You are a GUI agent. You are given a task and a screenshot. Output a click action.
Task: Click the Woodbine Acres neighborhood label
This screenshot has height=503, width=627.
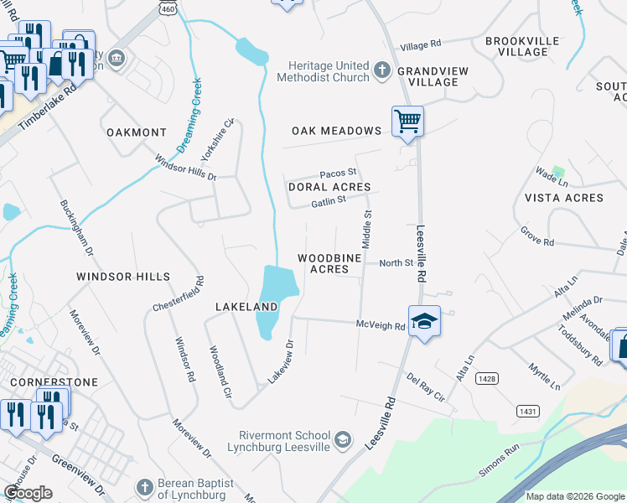pyautogui.click(x=329, y=263)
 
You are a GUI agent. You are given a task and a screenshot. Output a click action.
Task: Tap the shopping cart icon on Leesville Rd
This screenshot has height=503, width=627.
pyautogui.click(x=407, y=121)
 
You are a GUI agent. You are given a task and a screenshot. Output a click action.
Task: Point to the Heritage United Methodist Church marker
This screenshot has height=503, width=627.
pyautogui.click(x=382, y=70)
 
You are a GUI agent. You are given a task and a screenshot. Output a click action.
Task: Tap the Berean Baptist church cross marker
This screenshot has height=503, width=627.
pyautogui.click(x=144, y=487)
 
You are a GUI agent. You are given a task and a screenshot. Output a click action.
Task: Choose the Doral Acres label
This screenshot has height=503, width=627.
pyautogui.click(x=329, y=187)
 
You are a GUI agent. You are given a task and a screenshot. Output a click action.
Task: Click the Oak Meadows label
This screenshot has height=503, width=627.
pyautogui.click(x=336, y=131)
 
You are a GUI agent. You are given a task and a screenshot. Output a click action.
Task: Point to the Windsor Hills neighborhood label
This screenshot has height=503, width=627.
pyautogui.click(x=123, y=277)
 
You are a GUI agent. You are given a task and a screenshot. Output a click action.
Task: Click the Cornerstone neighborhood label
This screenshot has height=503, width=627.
pyautogui.click(x=54, y=382)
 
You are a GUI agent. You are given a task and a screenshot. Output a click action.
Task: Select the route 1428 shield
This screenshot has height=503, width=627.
pyautogui.click(x=486, y=379)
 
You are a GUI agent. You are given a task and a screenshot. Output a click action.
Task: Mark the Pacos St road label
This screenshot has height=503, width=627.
pyautogui.click(x=338, y=172)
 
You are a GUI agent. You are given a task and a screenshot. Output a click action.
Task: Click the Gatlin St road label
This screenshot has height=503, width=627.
pyautogui.click(x=329, y=201)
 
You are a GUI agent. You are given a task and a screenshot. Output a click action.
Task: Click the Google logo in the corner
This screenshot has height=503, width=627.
pyautogui.click(x=28, y=493)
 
